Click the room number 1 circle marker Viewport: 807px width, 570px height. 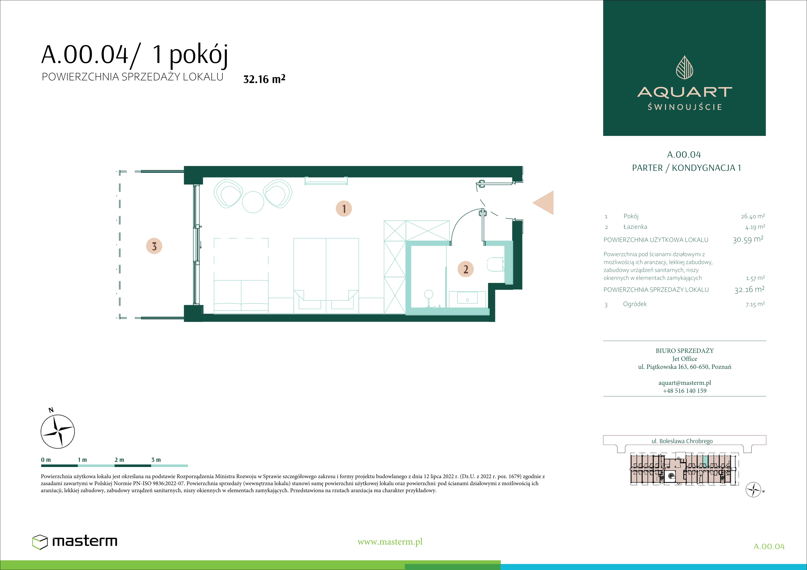pos(344,209)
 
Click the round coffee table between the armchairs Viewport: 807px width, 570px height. pos(253,202)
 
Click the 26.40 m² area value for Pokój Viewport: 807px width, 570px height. pos(752,216)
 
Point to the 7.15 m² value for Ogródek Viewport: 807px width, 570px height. pos(755,304)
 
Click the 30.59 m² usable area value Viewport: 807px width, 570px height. pos(748,240)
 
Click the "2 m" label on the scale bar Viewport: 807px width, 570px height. pos(119,460)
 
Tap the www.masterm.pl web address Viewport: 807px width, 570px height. pos(390,542)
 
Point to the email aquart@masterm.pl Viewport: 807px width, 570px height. pos(685,383)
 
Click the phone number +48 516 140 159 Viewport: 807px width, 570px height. pos(685,390)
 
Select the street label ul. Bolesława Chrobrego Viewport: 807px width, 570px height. pos(682,441)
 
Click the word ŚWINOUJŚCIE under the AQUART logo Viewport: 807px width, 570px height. pos(685,107)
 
